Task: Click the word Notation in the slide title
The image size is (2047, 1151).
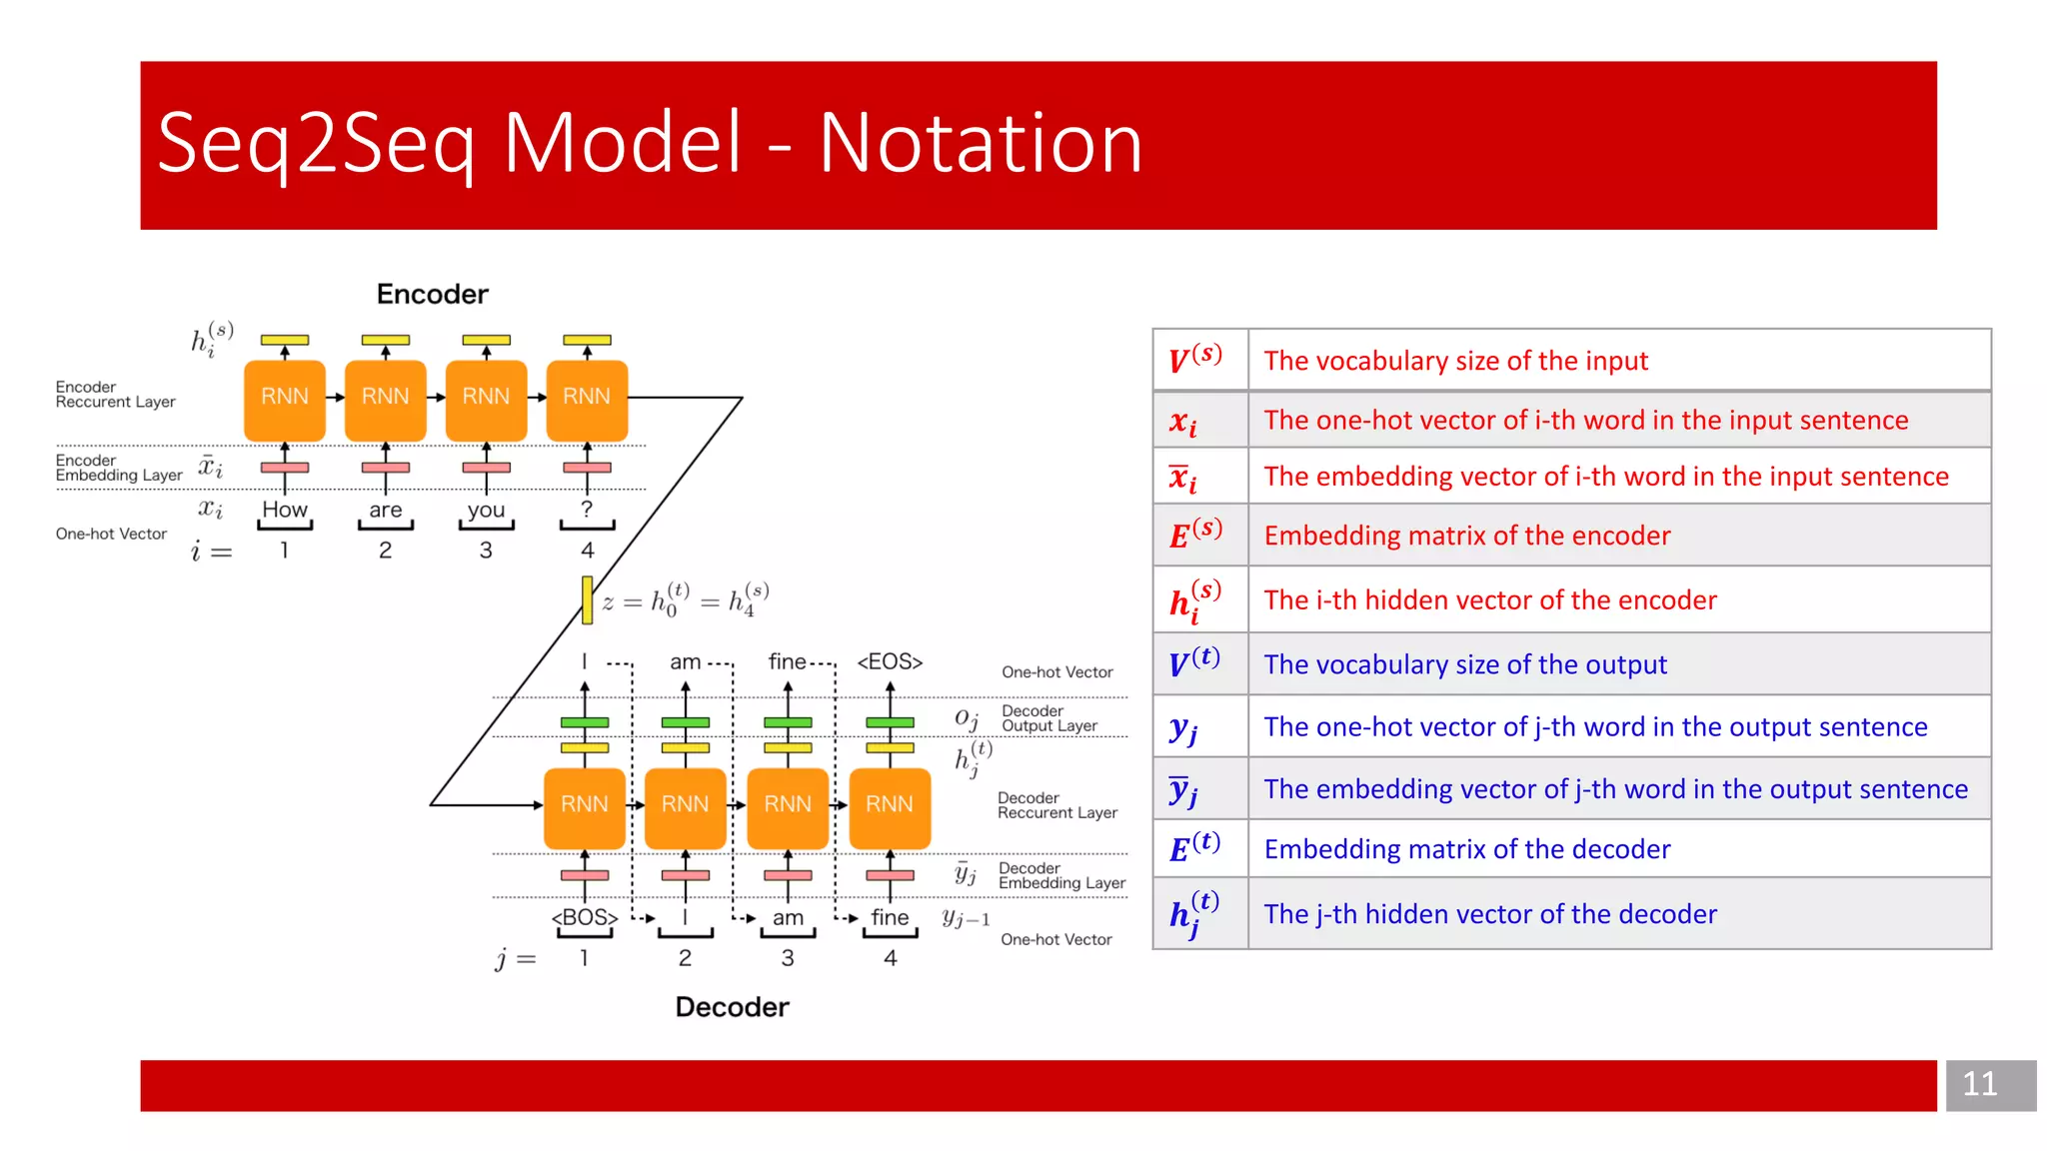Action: click(x=981, y=144)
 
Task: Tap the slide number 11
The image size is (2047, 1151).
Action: click(x=1979, y=1084)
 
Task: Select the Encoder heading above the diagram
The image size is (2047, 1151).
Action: click(x=432, y=294)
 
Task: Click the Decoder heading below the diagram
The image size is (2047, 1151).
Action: click(x=732, y=1006)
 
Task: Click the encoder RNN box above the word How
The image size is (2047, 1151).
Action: click(x=285, y=398)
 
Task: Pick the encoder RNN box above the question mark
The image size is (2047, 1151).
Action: click(x=587, y=398)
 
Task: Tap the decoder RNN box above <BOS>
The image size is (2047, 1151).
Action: click(x=585, y=804)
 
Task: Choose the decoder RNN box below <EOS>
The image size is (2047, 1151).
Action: click(x=890, y=804)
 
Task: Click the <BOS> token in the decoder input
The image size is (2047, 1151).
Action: click(x=585, y=917)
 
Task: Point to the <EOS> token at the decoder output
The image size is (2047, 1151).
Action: click(x=890, y=661)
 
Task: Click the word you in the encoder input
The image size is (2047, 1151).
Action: click(x=486, y=510)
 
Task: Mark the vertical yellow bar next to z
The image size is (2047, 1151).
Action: click(x=587, y=600)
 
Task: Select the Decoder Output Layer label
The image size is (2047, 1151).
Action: click(x=1049, y=718)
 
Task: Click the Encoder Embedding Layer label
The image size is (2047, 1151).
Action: click(x=118, y=468)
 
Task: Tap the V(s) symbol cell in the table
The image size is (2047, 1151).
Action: click(x=1198, y=360)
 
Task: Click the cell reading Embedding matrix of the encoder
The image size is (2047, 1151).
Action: click(x=1466, y=536)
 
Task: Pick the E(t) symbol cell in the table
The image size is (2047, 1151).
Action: click(x=1198, y=848)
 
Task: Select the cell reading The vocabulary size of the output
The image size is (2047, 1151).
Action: click(x=1464, y=664)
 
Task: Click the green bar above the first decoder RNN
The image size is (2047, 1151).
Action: click(x=585, y=722)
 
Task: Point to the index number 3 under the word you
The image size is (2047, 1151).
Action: click(x=486, y=551)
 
